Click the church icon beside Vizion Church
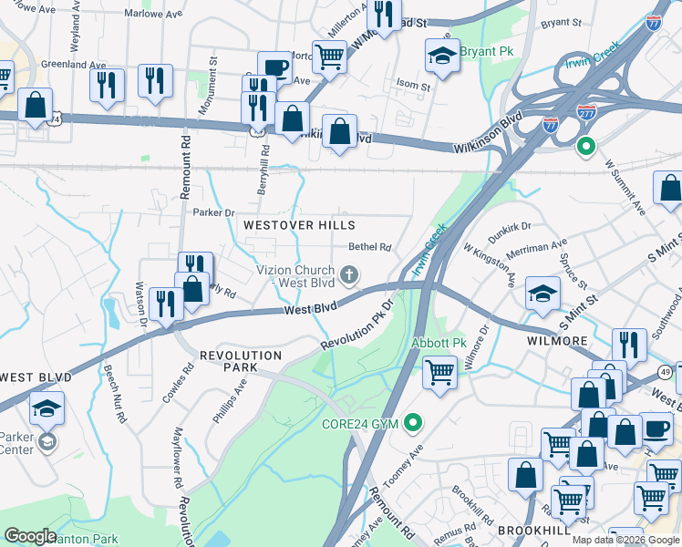tap(348, 274)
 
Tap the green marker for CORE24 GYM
tap(414, 423)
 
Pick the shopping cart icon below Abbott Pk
tap(440, 372)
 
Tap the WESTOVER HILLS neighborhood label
tap(297, 224)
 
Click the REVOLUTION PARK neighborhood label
tap(241, 360)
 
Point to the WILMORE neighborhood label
tap(557, 340)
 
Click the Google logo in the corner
tap(30, 536)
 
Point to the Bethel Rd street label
tap(370, 247)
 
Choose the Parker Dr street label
tap(214, 212)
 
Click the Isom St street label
tap(413, 87)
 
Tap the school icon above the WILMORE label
tap(542, 293)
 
